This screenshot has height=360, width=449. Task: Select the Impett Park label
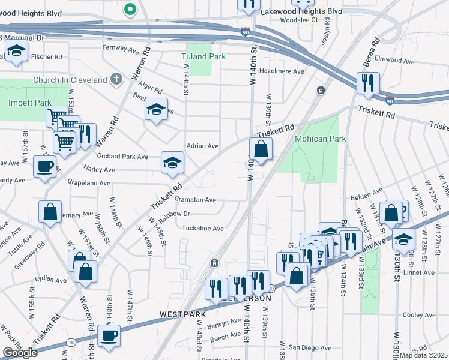30,103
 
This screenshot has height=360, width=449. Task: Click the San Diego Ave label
309,347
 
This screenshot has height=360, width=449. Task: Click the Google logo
20,353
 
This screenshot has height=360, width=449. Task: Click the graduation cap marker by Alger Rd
156,110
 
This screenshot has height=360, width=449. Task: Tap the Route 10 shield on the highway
71,342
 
